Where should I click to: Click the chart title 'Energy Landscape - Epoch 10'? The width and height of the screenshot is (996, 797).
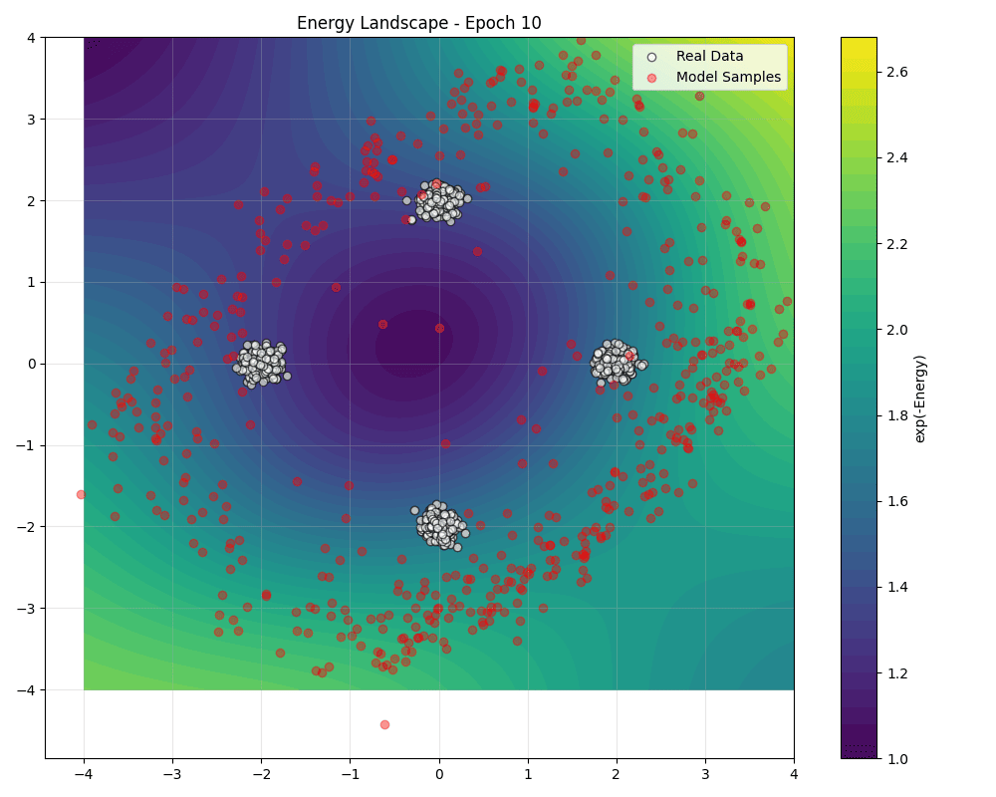419,23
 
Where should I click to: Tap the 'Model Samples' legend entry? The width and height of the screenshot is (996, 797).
728,77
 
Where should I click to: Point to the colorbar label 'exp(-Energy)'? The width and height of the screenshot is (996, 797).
920,398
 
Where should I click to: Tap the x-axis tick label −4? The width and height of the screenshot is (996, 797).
84,773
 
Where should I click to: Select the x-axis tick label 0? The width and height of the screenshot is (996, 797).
439,773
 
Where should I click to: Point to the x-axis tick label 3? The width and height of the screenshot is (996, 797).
705,773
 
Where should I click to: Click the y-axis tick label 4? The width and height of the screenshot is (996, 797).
32,38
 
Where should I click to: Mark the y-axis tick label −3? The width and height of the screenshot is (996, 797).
27,609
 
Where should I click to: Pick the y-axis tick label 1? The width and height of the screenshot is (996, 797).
32,282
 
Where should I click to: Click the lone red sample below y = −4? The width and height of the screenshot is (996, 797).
384,724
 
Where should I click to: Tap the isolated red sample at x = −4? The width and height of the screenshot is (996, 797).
81,494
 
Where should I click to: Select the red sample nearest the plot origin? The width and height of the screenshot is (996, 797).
439,328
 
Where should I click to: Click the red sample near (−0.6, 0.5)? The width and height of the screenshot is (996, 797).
382,324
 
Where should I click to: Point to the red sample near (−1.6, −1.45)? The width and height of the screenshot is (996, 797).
297,481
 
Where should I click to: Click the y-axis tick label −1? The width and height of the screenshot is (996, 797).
27,445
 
